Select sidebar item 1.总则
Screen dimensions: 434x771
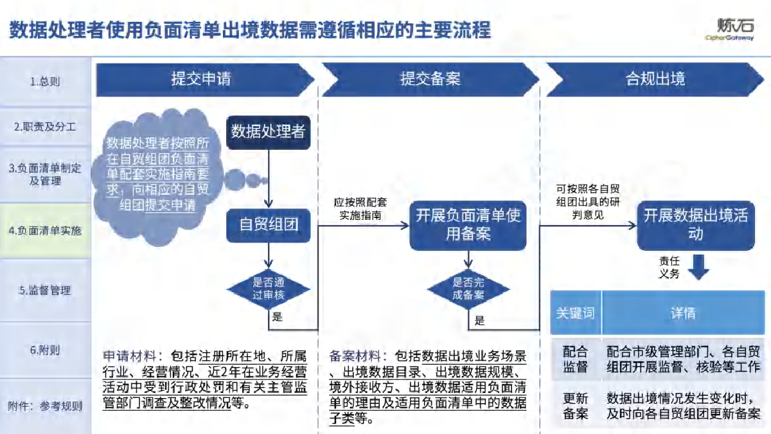pos(45,82)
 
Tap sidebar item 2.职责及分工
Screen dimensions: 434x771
pos(45,127)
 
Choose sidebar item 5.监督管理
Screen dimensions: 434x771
pos(45,290)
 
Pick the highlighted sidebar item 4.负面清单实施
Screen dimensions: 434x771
pos(45,230)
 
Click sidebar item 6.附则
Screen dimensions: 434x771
pos(45,350)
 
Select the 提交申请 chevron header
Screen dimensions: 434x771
pos(201,79)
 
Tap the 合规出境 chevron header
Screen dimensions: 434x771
pos(655,79)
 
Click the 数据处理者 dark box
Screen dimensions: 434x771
pos(268,132)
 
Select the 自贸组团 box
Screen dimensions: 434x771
pos(269,224)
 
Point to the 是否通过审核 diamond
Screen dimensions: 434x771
pos(269,289)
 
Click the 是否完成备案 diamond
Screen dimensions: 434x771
pos(468,289)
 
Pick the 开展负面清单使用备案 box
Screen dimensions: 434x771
pos(468,224)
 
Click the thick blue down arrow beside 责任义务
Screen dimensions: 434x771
pos(698,266)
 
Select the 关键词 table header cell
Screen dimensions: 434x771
pos(575,312)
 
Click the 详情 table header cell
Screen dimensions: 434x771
pos(682,312)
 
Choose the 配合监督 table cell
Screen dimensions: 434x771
pos(575,359)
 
